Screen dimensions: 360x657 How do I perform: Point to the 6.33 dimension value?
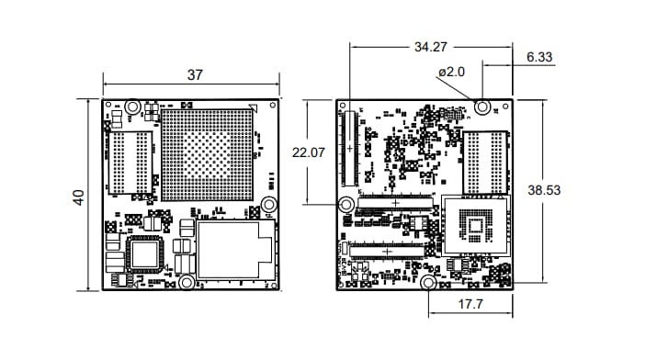pyautogui.click(x=539, y=57)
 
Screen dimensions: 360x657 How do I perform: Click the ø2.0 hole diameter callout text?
pyautogui.click(x=452, y=72)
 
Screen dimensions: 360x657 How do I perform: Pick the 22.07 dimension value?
pyautogui.click(x=310, y=153)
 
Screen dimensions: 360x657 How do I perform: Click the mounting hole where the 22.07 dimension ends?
pyautogui.click(x=347, y=204)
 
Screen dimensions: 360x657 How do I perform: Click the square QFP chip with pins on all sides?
pyautogui.click(x=143, y=252)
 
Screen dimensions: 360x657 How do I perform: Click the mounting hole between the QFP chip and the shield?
pyautogui.click(x=184, y=281)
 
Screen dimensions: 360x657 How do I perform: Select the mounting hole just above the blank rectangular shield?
pyautogui.click(x=269, y=204)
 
